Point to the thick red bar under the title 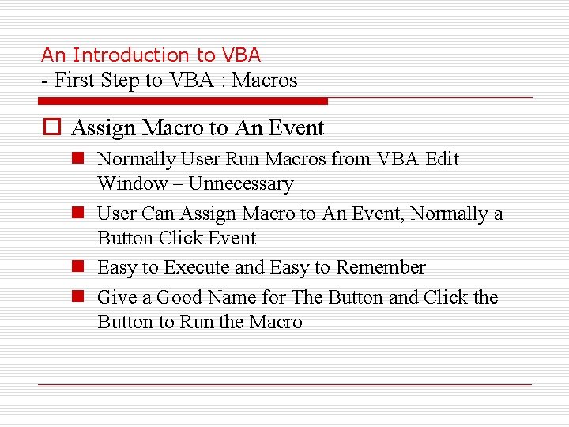183,101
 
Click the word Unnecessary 240,184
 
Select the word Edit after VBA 442,159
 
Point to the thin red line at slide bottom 284,385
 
